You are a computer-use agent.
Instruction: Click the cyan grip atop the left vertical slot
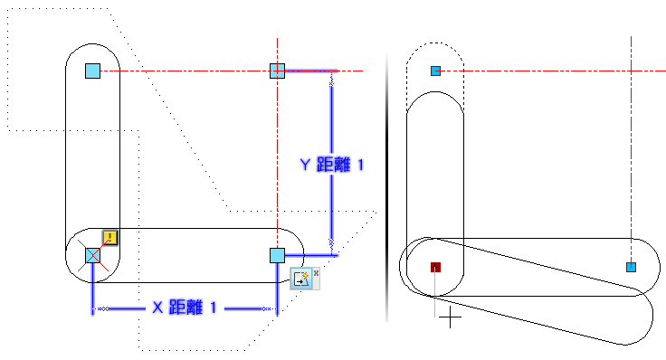tap(92, 71)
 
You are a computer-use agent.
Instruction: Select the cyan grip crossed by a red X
tap(92, 256)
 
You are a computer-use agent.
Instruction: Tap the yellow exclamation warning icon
tap(110, 237)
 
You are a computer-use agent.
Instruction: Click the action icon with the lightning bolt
tap(301, 279)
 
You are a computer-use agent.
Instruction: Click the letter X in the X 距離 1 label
tap(157, 308)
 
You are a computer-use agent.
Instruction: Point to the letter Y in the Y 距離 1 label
tap(305, 165)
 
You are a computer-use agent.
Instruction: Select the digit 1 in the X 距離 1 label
tap(214, 308)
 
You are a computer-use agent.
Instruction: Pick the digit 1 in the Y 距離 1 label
tap(361, 165)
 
